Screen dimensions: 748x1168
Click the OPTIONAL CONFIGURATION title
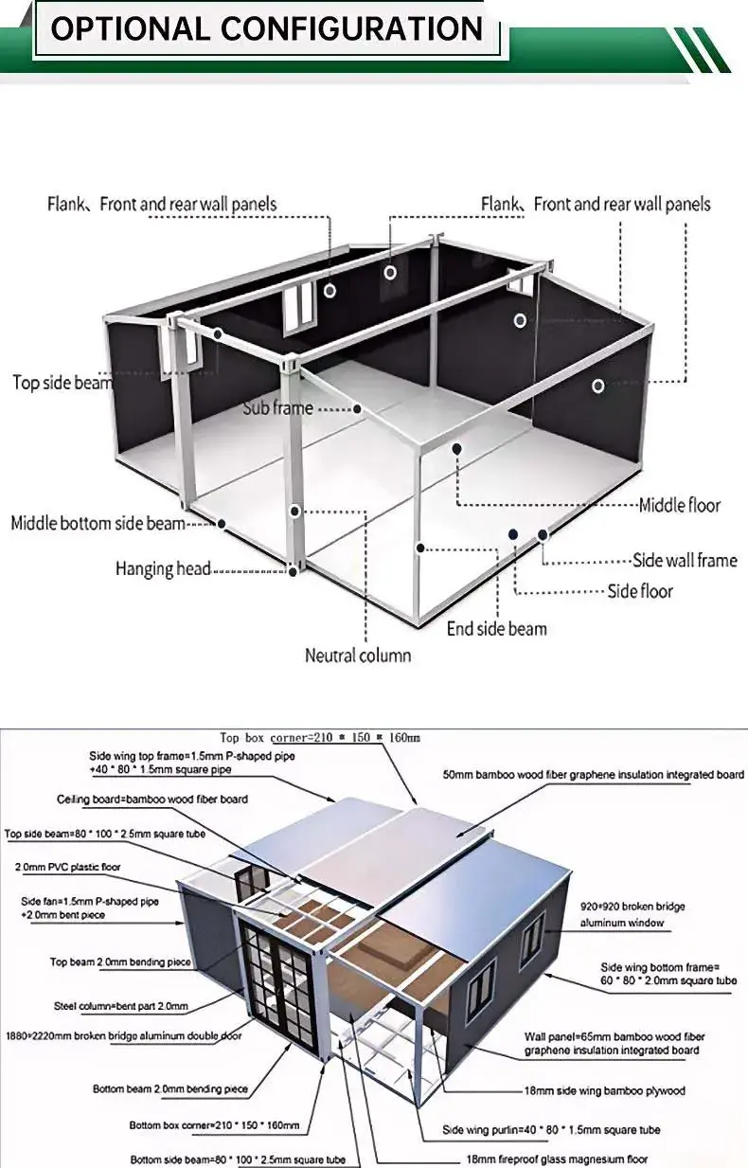coord(266,28)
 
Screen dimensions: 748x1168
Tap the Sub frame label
coord(277,407)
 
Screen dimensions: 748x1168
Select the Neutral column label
coord(358,656)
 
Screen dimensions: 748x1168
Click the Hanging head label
coord(163,568)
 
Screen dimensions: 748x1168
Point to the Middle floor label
coord(680,505)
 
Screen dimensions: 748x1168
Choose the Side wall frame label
coord(685,561)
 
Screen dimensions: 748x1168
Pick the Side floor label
coord(640,591)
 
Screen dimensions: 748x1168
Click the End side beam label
coord(497,629)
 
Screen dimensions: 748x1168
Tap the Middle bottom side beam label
coord(98,523)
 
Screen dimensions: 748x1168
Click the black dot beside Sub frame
coord(357,409)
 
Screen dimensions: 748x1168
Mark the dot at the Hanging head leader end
coord(293,571)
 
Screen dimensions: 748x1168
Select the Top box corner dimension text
coord(319,738)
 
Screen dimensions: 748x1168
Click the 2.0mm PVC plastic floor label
coord(68,867)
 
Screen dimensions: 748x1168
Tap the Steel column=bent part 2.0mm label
coord(121,1006)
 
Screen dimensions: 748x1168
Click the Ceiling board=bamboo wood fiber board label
coord(152,800)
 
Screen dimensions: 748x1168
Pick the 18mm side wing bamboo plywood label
coord(605,1091)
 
